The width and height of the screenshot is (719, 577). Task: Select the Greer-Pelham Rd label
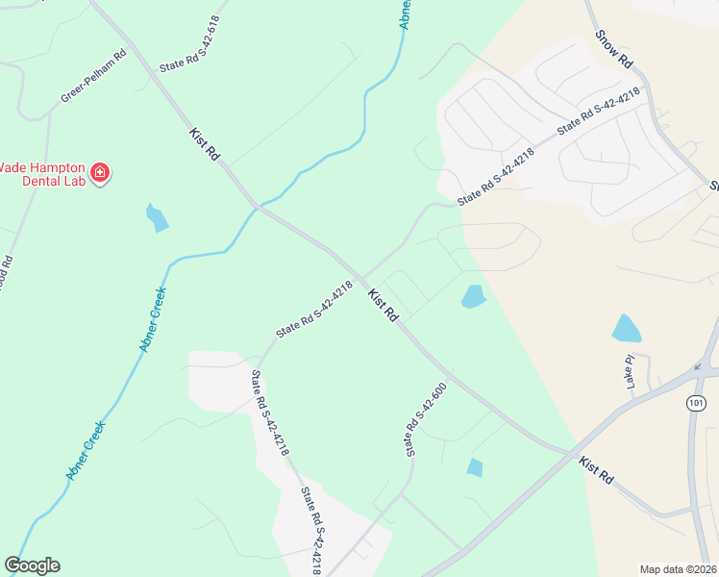tap(93, 78)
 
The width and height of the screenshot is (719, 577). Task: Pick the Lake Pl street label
tap(630, 371)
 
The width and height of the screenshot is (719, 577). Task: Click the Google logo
tap(32, 565)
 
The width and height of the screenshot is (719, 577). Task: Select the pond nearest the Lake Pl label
tap(626, 329)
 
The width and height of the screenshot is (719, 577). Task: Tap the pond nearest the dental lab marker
tap(157, 218)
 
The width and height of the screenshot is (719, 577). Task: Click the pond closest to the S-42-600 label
tap(475, 467)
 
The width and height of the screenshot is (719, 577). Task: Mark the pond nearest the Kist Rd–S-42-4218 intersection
tap(473, 296)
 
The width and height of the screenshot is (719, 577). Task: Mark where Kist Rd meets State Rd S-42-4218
tap(362, 275)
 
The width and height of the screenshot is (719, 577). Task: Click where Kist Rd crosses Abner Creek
tap(256, 206)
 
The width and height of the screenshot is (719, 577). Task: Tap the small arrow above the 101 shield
tap(696, 366)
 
